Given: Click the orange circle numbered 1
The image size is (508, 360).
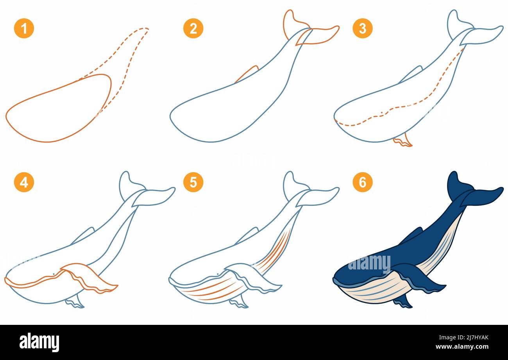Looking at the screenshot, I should [x=24, y=29].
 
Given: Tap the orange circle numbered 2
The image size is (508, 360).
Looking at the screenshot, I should [x=193, y=29].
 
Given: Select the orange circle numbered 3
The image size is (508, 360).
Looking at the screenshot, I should [x=362, y=29].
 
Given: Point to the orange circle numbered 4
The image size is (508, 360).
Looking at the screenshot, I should [x=24, y=182].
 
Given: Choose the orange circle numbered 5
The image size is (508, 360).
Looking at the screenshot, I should [x=193, y=182].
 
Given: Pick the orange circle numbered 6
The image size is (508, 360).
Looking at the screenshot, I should [x=362, y=182].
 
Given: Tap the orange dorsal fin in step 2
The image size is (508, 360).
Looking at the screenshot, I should [x=247, y=74].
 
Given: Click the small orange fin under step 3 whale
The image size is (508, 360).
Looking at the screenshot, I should [x=402, y=141].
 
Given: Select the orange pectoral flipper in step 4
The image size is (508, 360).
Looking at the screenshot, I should [x=90, y=278].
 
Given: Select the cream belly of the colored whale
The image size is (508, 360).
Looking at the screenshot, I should [x=375, y=293].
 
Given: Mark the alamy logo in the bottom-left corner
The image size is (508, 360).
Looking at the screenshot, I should [x=39, y=342].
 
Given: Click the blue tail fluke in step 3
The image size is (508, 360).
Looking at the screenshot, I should [x=481, y=35].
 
